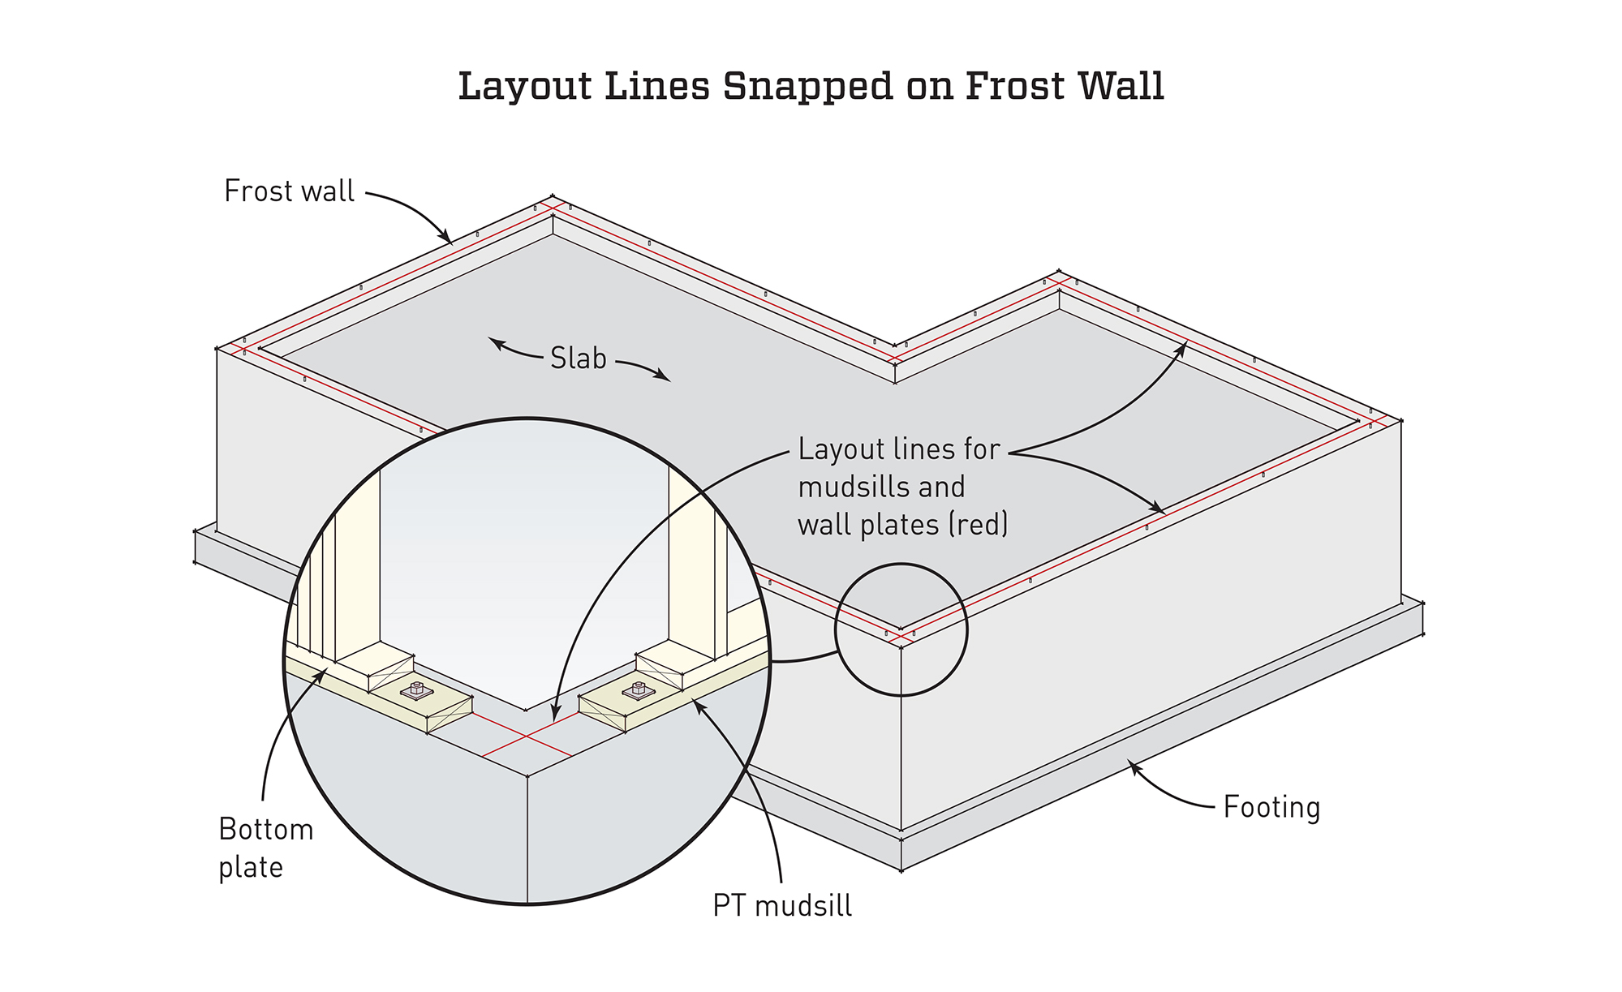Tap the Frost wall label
coord(289,191)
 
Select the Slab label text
coord(578,358)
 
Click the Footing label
coord(1271,807)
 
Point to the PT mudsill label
coord(782,905)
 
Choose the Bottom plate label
coord(265,848)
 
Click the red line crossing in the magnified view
coord(527,736)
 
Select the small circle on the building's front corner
coord(901,629)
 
